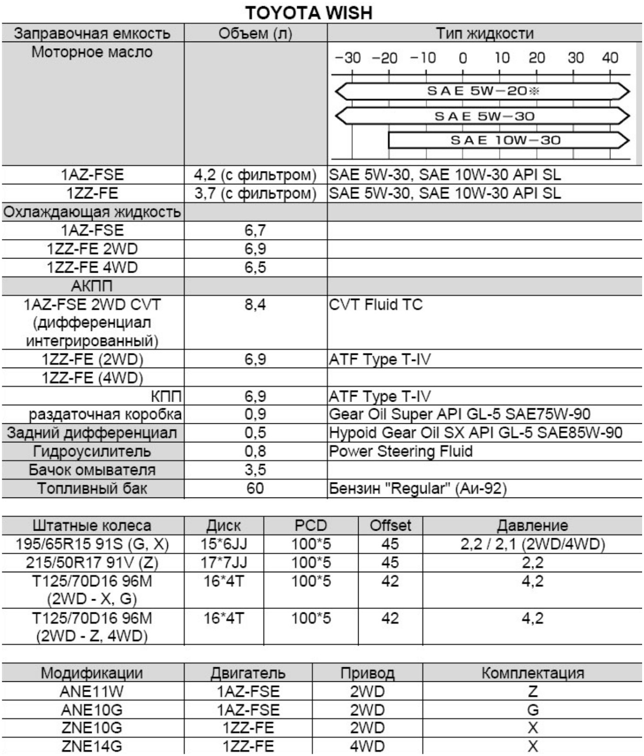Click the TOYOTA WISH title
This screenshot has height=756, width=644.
click(309, 12)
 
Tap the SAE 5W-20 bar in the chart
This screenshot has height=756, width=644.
click(482, 91)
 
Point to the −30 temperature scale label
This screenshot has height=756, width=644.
click(348, 58)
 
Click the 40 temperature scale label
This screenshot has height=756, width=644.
click(610, 58)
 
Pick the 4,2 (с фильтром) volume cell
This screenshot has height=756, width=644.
click(255, 175)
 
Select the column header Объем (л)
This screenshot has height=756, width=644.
click(255, 33)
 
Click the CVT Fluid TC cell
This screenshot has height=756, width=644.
click(376, 305)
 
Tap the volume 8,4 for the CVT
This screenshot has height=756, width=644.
click(255, 305)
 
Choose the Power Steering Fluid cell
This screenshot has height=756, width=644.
click(401, 451)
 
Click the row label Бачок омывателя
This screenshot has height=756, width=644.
click(92, 470)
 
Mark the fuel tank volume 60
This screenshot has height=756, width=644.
click(255, 488)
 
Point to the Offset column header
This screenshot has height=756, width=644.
click(390, 525)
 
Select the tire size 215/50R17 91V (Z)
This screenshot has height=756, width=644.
click(92, 563)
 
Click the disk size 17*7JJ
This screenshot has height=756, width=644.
click(223, 563)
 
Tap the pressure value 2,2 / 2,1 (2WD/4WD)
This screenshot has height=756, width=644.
click(532, 544)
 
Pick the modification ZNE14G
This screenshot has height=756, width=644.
click(92, 747)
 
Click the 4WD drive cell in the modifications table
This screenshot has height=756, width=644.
click(367, 747)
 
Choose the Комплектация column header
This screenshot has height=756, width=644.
click(532, 673)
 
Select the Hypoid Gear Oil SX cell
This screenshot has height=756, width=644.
click(475, 433)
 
